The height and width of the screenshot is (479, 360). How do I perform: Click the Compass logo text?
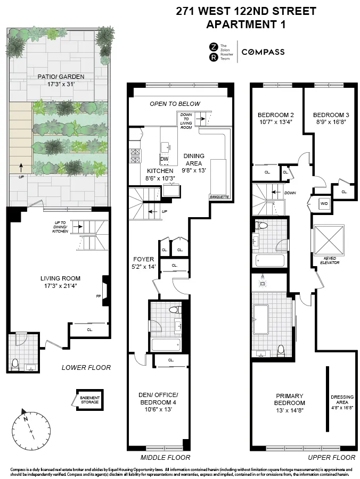pos(263,52)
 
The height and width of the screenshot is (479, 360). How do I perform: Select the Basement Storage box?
pos(89,400)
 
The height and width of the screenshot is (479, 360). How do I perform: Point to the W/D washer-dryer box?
pos(324,203)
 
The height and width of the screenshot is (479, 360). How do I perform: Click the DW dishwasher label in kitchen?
pos(165,159)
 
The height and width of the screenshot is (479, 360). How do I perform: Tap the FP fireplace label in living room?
pos(99,296)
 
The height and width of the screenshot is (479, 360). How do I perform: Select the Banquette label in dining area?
pos(220,196)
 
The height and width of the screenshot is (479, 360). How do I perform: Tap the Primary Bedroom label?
pos(289,399)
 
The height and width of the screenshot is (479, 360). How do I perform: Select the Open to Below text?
pos(175,104)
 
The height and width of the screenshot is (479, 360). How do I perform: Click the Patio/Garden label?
pos(61,76)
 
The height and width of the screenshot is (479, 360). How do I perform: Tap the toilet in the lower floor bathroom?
pos(16,364)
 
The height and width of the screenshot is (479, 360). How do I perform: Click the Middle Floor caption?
pos(165,457)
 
